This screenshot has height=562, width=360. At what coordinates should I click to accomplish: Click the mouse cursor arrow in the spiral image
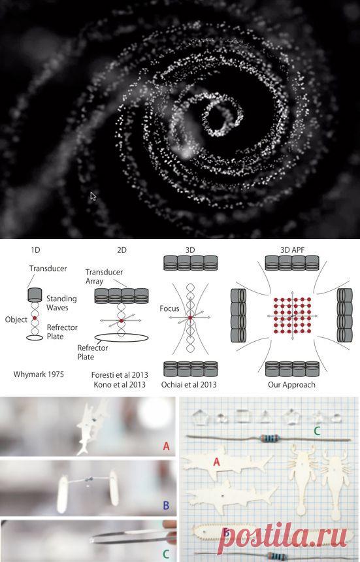click(93, 197)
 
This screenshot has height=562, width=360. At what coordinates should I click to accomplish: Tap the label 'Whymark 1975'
click(39, 374)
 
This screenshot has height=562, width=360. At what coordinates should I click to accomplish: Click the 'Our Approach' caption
click(291, 385)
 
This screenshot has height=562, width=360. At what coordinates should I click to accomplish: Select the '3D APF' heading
click(292, 250)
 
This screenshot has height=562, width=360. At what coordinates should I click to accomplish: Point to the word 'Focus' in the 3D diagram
click(169, 308)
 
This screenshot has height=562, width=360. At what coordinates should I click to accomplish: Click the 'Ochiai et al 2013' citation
click(189, 385)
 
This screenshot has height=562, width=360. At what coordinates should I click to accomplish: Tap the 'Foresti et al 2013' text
click(120, 375)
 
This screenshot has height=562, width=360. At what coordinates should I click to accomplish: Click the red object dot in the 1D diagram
click(35, 318)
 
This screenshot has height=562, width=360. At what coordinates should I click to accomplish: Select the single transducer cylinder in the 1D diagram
click(35, 295)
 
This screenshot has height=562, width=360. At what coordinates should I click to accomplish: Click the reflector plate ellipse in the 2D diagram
click(122, 338)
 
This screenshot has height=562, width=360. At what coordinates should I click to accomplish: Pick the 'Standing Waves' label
click(61, 303)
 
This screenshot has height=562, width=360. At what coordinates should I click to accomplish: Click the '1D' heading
click(35, 250)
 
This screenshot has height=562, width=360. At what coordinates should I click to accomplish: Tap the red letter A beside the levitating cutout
click(166, 446)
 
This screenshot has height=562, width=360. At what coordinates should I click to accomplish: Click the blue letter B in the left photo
click(166, 505)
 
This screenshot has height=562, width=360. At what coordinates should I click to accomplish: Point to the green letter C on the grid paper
click(317, 431)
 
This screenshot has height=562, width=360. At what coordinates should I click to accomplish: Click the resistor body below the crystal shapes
click(270, 438)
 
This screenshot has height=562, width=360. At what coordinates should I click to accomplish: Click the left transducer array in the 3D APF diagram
click(238, 315)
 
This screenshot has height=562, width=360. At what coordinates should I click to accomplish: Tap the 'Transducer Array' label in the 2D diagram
click(104, 276)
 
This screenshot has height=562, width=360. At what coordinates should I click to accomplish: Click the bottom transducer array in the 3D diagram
click(191, 369)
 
